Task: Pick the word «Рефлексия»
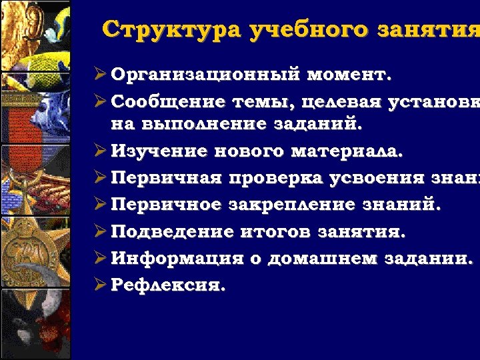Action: pos(167,286)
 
